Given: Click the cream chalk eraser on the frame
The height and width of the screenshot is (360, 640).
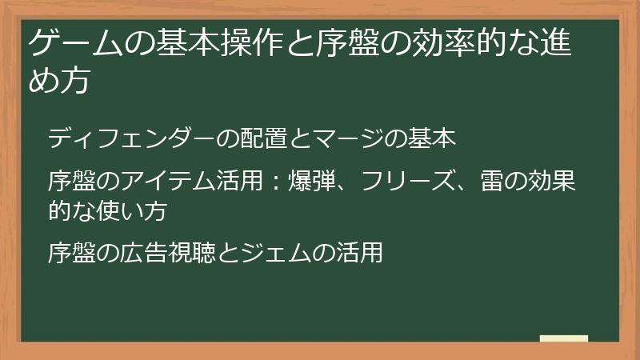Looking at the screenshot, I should click(563, 339).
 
